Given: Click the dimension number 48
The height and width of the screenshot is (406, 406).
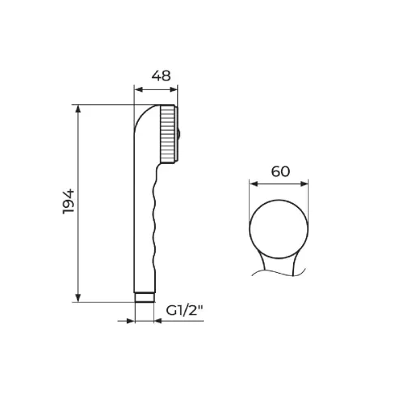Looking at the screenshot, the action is [161, 76].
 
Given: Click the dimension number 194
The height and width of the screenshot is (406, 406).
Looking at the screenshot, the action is [68, 201].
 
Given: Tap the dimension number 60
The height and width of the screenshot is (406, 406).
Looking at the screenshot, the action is [280, 171].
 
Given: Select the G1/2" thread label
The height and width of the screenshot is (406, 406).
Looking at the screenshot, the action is [184, 310].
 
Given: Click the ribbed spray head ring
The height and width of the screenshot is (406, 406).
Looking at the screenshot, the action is [168, 134].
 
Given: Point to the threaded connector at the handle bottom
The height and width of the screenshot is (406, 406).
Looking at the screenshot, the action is [145, 297].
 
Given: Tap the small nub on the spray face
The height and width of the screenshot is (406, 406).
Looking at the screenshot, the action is [179, 135].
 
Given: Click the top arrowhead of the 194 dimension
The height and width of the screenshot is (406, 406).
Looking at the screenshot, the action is [78, 109].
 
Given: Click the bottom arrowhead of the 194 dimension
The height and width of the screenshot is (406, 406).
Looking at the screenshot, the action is [78, 297].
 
